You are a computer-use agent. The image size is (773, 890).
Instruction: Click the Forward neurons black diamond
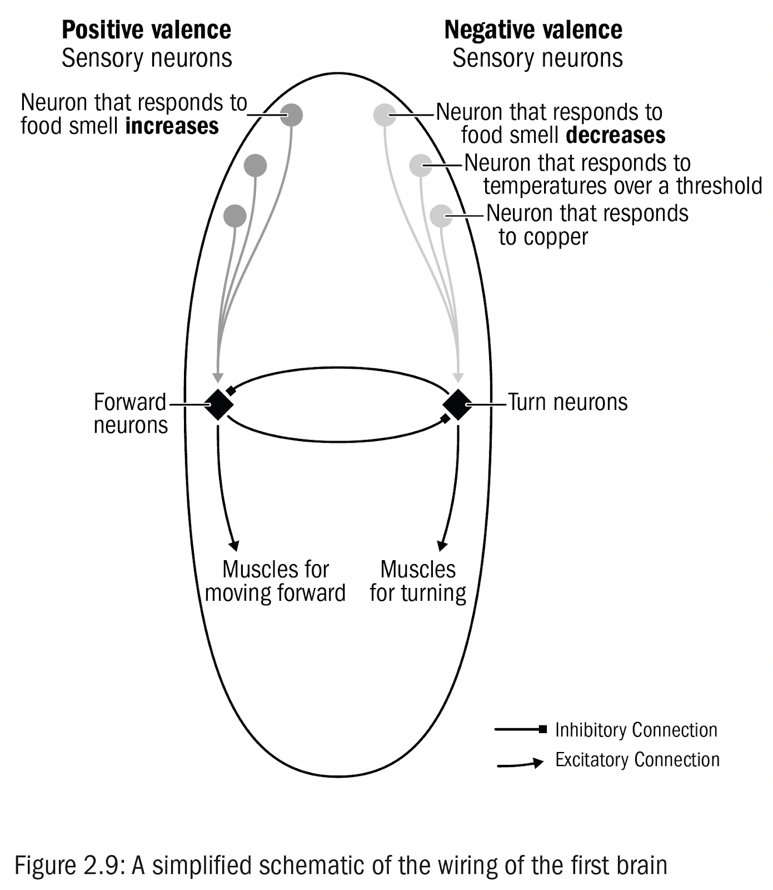[218, 404]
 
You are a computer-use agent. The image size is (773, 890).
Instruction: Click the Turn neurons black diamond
[457, 404]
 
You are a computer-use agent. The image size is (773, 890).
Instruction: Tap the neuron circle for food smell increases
[291, 115]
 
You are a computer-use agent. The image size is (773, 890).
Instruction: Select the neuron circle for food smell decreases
[385, 115]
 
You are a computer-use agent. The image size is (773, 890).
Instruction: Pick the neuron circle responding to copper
[441, 216]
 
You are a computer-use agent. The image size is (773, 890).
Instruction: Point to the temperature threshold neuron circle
[421, 165]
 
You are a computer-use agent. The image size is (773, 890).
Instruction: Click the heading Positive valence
[146, 30]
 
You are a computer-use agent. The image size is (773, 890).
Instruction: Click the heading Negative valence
[533, 30]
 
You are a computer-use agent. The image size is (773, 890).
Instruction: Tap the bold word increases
[172, 126]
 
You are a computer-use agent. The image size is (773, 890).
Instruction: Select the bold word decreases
[616, 135]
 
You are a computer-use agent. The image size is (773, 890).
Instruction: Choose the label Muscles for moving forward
[275, 581]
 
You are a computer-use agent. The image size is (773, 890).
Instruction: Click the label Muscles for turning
[418, 581]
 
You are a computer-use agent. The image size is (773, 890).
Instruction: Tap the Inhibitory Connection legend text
[636, 730]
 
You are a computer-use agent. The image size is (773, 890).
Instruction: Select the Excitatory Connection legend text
[637, 760]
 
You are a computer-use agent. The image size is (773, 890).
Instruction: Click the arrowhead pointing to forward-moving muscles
[235, 545]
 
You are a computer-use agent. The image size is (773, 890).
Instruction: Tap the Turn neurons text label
[568, 402]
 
